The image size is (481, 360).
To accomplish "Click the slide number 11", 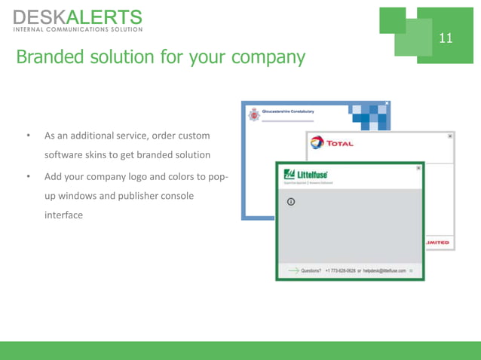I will pos(446,37).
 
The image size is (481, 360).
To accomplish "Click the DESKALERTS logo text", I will pos(77,17).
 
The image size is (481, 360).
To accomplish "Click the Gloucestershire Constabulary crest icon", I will pos(254,113).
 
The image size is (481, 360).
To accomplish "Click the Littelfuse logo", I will pos(305,175).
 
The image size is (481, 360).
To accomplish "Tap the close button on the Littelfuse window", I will pos(418,168).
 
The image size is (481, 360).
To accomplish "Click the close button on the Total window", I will pos(450,136).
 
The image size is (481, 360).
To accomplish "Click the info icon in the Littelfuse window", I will pos(290,202).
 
